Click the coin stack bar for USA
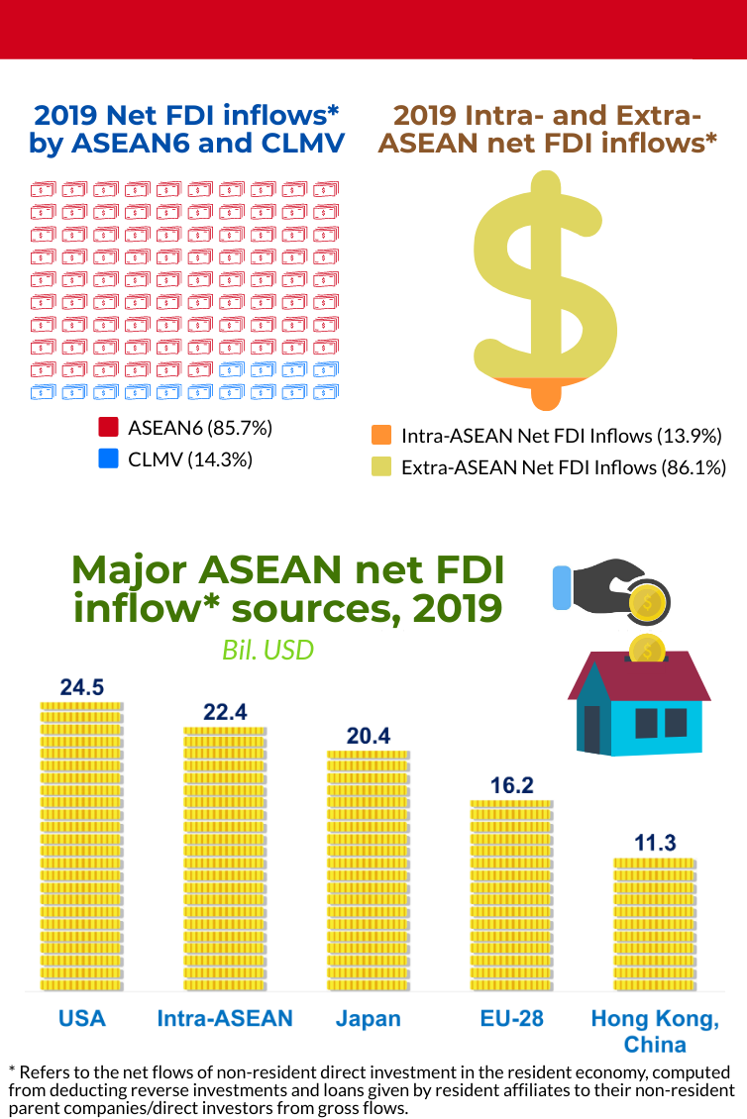click(81, 847)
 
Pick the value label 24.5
click(81, 687)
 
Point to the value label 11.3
click(655, 843)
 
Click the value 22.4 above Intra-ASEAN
click(225, 712)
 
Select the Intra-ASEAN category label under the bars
click(225, 1018)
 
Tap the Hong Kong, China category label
click(655, 1031)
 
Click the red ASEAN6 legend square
click(109, 429)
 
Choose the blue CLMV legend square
click(109, 458)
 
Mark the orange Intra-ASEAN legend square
click(380, 436)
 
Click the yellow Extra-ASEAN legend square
click(380, 466)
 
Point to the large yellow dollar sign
click(545, 277)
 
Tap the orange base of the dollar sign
click(545, 391)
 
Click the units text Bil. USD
click(267, 650)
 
